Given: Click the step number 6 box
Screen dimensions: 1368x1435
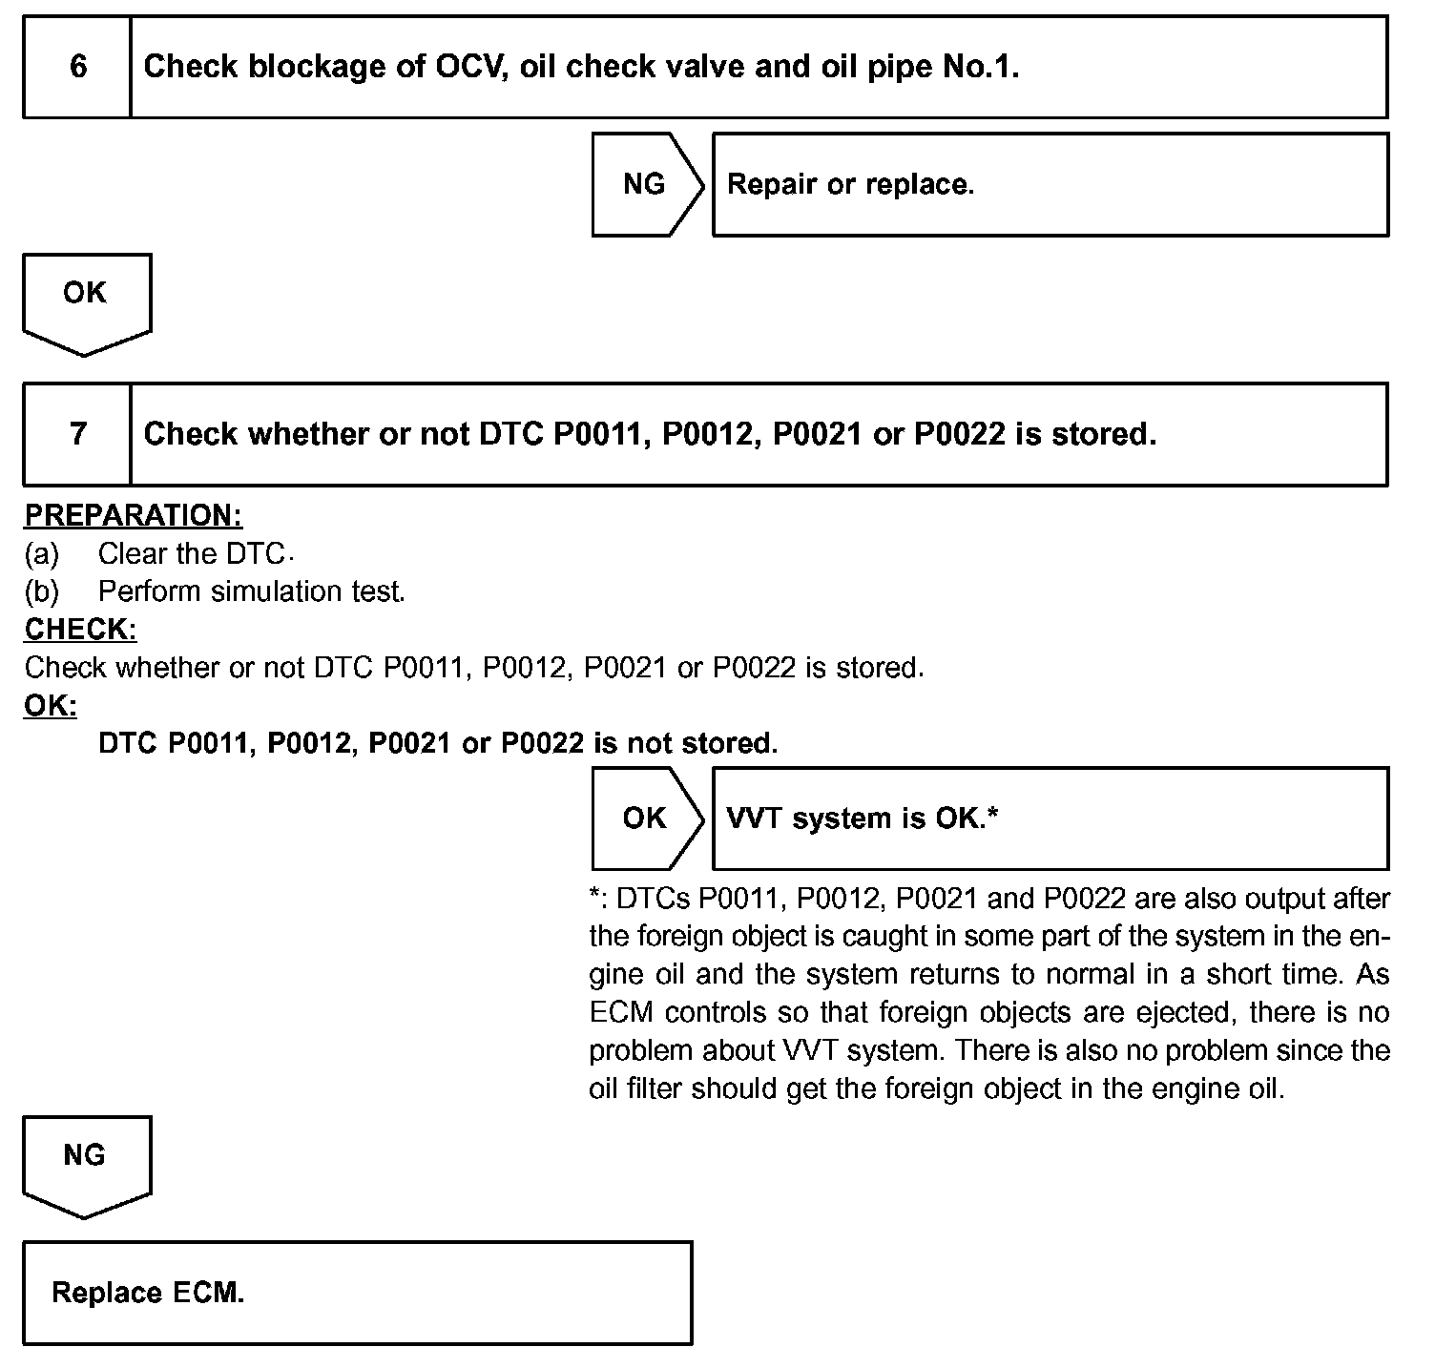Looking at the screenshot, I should pyautogui.click(x=77, y=67).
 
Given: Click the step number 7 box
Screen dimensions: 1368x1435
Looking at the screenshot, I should pyautogui.click(x=77, y=435).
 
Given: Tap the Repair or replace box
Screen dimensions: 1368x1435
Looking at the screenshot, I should pyautogui.click(x=1050, y=184).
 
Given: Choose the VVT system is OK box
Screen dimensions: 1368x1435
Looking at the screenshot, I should pyautogui.click(x=1050, y=819).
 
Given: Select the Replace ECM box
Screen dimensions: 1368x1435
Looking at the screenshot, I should pyautogui.click(x=357, y=1293).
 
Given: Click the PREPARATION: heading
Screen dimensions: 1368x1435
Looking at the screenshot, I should pyautogui.click(x=134, y=516).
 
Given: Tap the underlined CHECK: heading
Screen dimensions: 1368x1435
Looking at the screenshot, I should pyautogui.click(x=81, y=631).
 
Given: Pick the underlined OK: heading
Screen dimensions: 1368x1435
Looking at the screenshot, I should pyautogui.click(x=51, y=707).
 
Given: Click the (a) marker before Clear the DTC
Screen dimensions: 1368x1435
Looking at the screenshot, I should pyautogui.click(x=42, y=554).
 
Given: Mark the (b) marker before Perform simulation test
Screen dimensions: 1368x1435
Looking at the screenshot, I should pyautogui.click(x=42, y=592).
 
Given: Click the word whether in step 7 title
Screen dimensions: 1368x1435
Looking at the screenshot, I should pyautogui.click(x=309, y=435).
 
